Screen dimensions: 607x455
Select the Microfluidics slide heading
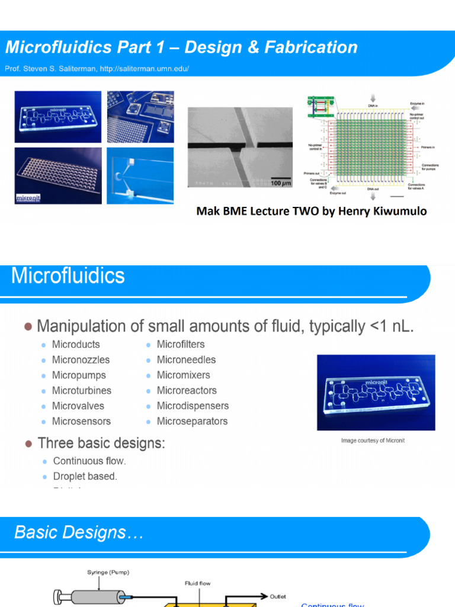(x=68, y=276)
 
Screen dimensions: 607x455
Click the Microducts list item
(x=76, y=344)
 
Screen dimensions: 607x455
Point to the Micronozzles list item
(x=81, y=360)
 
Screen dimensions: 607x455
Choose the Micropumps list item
(x=79, y=375)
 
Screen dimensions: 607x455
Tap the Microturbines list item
(x=82, y=391)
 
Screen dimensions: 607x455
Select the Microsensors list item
(x=81, y=421)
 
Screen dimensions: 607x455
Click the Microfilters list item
(x=181, y=344)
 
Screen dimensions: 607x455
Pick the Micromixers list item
(x=183, y=375)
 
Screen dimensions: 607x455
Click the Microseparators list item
(x=192, y=421)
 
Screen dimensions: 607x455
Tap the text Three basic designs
(x=101, y=443)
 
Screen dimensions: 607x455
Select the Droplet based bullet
(x=85, y=476)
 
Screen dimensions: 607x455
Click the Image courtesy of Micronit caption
(x=373, y=440)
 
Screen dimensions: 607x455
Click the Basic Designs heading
(x=79, y=532)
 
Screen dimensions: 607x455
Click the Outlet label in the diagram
(x=278, y=596)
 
